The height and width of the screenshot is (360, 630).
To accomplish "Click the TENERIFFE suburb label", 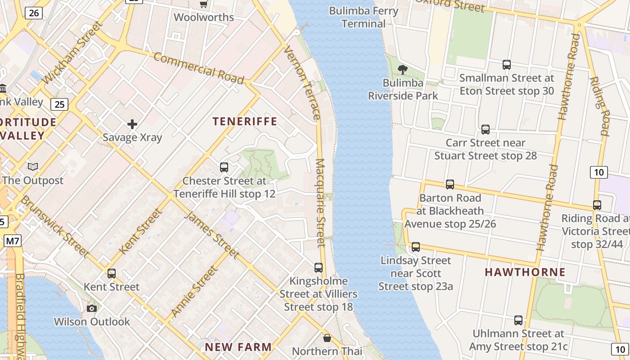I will [x=245, y=121].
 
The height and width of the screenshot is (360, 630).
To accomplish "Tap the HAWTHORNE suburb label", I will [x=525, y=272].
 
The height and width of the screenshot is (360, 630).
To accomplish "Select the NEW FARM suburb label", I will [x=238, y=347].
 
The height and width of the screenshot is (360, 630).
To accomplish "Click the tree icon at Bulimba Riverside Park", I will [x=403, y=69].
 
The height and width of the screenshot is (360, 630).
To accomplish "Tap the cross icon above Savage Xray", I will [x=132, y=124].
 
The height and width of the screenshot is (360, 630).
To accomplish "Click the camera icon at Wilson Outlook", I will [x=92, y=308].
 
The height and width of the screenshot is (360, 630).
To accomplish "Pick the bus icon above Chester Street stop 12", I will [x=224, y=167].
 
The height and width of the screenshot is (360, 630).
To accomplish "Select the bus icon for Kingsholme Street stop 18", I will [x=319, y=267].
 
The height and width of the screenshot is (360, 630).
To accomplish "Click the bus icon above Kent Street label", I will [x=112, y=273].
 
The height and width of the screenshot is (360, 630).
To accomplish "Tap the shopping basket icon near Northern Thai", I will [x=327, y=337].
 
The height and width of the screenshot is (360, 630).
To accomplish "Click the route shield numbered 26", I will [x=34, y=13].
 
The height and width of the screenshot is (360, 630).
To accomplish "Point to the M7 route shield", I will [x=13, y=241].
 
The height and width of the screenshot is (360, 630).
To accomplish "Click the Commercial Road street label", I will [x=198, y=68].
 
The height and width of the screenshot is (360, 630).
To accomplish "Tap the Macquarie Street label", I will [x=320, y=202].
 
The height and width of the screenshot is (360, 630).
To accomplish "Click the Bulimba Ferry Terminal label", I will [x=364, y=17].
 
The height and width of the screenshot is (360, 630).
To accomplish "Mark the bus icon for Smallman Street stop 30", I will [x=507, y=65].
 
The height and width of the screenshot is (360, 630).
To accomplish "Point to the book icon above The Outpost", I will [x=33, y=167].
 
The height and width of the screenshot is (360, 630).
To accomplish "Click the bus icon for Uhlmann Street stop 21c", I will [x=518, y=320].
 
